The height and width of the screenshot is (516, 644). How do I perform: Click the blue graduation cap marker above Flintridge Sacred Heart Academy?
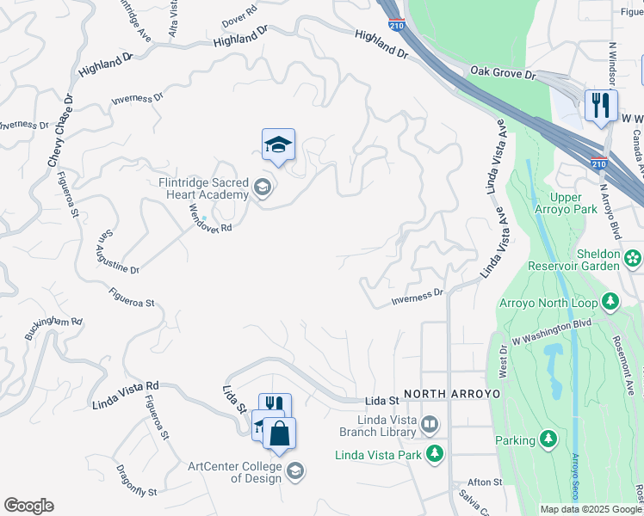coord(278,144)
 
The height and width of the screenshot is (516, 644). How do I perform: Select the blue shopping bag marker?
coord(279,433)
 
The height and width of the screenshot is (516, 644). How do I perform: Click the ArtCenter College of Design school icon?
coord(295,470)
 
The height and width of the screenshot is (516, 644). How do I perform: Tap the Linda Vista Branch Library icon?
coord(430,424)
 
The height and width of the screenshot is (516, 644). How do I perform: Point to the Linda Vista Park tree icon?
coord(436,452)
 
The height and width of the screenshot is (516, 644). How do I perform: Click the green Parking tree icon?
coord(548,440)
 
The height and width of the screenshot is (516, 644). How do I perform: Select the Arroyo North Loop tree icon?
coord(610,302)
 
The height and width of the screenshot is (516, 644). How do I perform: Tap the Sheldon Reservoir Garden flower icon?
coord(633,257)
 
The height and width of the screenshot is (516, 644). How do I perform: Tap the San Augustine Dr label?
coord(118,252)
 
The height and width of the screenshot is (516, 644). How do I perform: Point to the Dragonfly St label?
coord(136,481)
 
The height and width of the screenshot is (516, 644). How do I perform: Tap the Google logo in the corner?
coord(28,505)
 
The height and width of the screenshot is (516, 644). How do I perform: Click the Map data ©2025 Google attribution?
coord(591,509)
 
